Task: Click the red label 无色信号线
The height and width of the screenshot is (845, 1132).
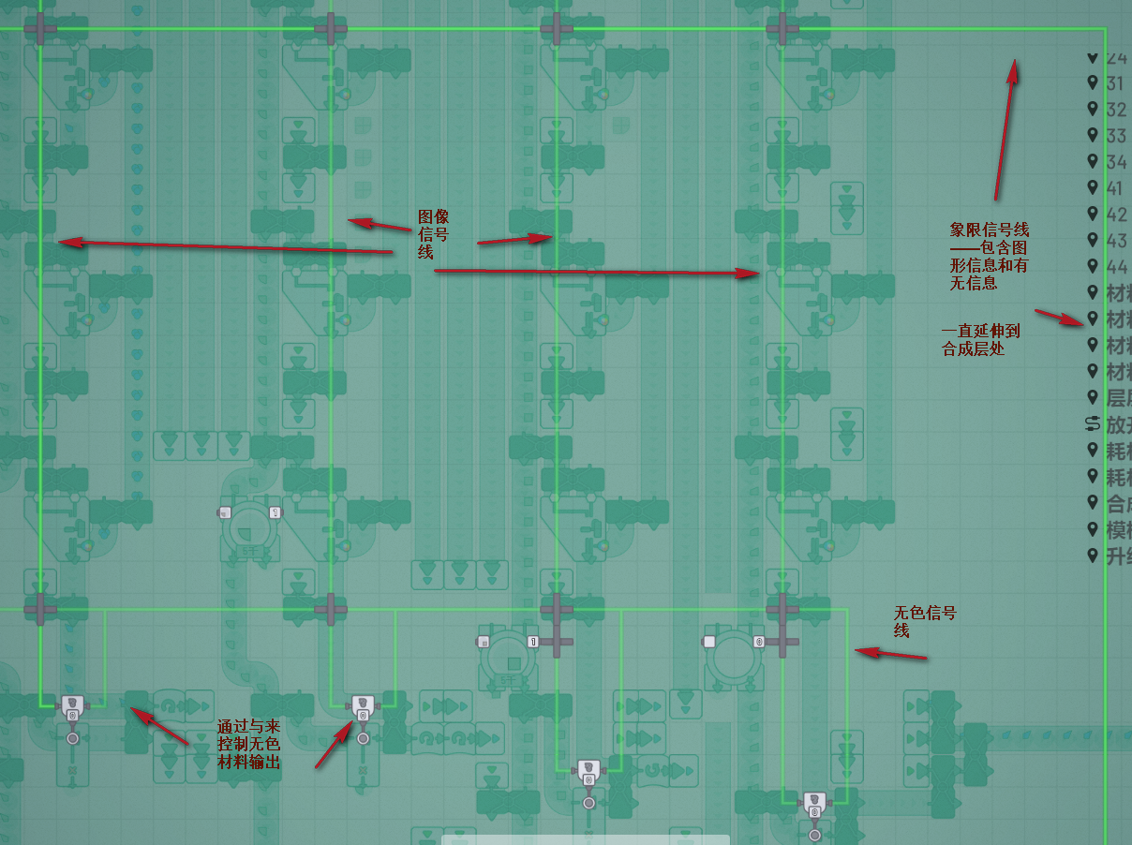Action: click(x=925, y=622)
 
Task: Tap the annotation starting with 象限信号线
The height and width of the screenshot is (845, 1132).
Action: click(x=989, y=256)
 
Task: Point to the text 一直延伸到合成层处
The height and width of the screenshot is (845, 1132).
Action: click(x=980, y=339)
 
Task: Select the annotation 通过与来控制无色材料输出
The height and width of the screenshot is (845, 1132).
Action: click(x=248, y=745)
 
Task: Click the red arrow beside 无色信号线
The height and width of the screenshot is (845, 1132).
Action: click(x=890, y=654)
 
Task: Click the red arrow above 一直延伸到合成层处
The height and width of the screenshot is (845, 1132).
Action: click(x=1060, y=317)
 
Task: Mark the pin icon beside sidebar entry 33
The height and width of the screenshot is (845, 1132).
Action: click(x=1092, y=136)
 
